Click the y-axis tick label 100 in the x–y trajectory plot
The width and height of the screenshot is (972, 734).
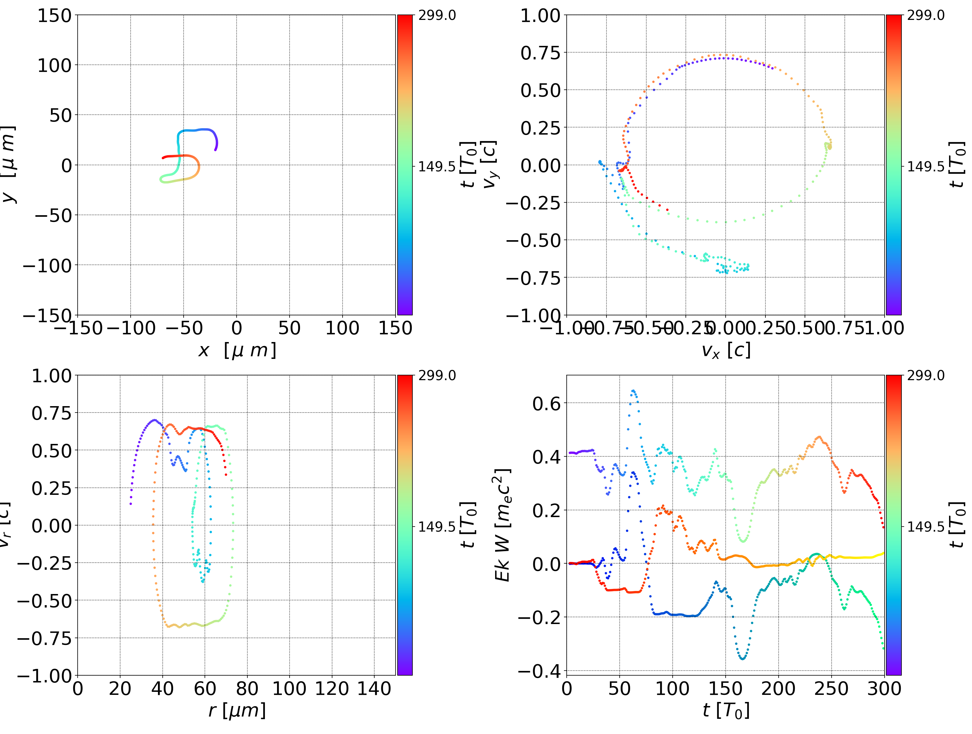tap(54, 65)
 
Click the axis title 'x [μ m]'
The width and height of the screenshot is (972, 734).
tap(237, 350)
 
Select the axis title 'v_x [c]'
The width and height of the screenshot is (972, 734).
tap(726, 350)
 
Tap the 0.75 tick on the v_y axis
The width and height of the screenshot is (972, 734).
tap(540, 53)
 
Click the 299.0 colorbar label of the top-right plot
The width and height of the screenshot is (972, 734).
tap(925, 16)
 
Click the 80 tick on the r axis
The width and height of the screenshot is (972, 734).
tap(247, 688)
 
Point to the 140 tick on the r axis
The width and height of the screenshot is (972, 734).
tap(374, 688)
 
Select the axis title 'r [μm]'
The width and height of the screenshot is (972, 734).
tap(237, 711)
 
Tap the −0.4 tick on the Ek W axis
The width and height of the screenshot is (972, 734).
tap(540, 671)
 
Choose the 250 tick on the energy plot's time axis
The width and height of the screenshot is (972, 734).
tap(831, 688)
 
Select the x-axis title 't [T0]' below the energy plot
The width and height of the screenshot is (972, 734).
tap(726, 711)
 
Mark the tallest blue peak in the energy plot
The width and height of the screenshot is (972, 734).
tap(633, 391)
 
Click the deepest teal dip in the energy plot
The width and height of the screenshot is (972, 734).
tap(742, 658)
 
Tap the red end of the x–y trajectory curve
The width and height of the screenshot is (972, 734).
tap(163, 158)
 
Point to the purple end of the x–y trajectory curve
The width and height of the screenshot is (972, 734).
tap(215, 150)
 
